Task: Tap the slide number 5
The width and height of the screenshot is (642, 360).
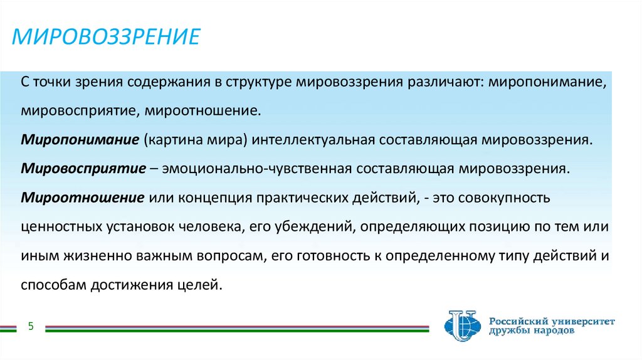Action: pos(31,326)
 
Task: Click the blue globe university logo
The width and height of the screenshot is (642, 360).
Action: pos(463,326)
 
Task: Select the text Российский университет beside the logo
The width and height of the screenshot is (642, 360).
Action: pos(552,320)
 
